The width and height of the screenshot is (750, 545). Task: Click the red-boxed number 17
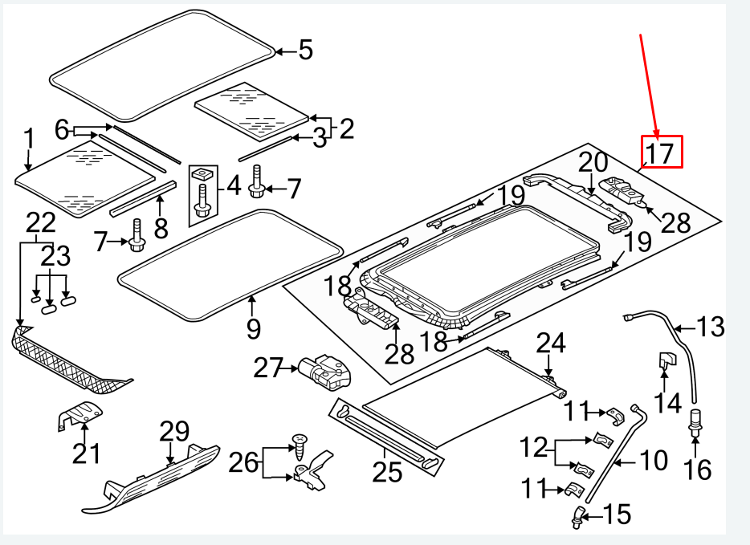662,153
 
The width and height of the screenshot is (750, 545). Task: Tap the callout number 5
305,52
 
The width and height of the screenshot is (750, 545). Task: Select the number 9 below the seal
254,328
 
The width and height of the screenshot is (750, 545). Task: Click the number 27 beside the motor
267,368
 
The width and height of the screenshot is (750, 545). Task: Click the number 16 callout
699,470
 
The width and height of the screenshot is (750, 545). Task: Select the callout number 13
711,327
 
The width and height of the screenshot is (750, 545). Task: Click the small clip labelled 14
667,363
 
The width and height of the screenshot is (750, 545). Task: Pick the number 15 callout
618,514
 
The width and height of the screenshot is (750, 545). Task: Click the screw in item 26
300,445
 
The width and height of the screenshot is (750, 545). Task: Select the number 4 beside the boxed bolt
233,186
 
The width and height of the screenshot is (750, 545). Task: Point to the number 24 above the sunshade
551,344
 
